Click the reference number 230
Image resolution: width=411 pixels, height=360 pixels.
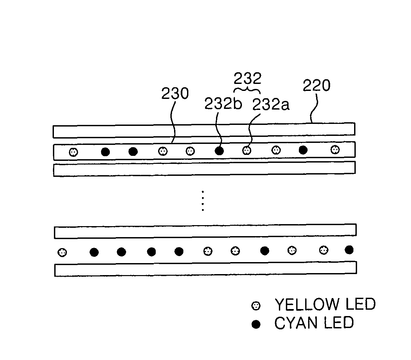point(175,94)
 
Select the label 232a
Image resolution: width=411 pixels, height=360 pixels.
point(271,105)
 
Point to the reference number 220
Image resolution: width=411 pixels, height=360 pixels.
point(316,86)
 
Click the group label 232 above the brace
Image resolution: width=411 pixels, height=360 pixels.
point(247,79)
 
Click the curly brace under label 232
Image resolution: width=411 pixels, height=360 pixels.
point(247,90)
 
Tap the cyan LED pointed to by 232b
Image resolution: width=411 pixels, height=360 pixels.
point(219,151)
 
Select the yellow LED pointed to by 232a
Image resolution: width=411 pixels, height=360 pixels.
point(246,151)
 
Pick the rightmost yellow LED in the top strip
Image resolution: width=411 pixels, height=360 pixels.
point(335,150)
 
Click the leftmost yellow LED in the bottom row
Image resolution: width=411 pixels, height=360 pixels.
point(62,252)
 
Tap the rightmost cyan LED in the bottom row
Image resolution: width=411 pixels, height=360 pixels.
point(349,249)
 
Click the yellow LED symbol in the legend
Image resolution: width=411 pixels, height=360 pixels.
point(256,305)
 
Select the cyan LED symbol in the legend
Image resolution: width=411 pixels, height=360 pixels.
point(256,324)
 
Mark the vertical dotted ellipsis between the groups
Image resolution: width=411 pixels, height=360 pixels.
point(202,201)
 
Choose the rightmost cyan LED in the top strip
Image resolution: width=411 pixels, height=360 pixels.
point(303,150)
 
